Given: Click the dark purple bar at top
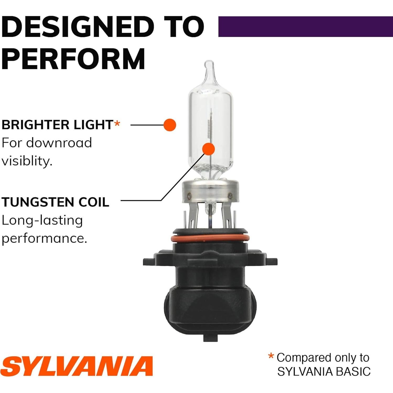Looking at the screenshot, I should coord(305,26).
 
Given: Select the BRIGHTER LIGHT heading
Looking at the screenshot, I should coord(57,125).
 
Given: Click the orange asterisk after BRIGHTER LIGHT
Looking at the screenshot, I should coord(117,123).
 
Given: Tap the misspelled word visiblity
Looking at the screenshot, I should coord(27,161).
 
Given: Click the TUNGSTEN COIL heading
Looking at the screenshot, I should coord(55,202).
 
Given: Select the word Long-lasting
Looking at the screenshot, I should coord(42,220).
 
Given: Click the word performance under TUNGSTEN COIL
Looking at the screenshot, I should coord(44,238).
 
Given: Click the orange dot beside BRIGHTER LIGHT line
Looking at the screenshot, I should coord(170,125).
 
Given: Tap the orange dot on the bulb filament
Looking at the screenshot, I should coord(209,149).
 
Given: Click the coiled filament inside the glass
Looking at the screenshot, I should coord(209,128).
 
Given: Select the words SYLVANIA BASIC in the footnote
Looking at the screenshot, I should coord(324,372).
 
